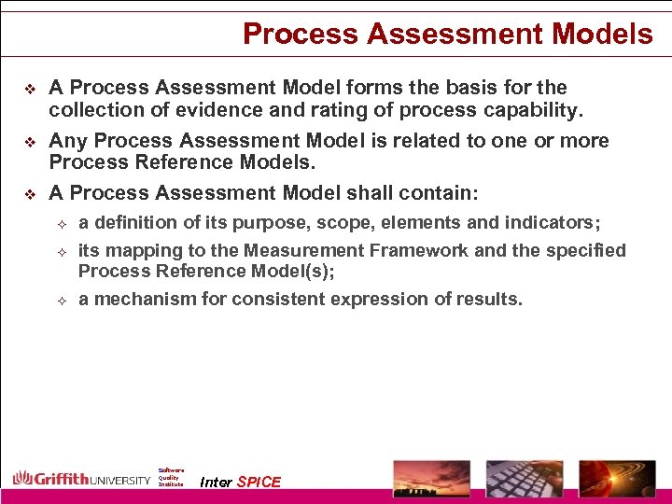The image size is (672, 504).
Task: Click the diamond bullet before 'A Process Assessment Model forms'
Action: [x=30, y=89]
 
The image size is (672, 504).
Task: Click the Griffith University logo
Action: [x=81, y=479]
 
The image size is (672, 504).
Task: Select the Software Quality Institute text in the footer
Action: [x=171, y=477]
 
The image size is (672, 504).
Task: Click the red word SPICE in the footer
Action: [x=259, y=482]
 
